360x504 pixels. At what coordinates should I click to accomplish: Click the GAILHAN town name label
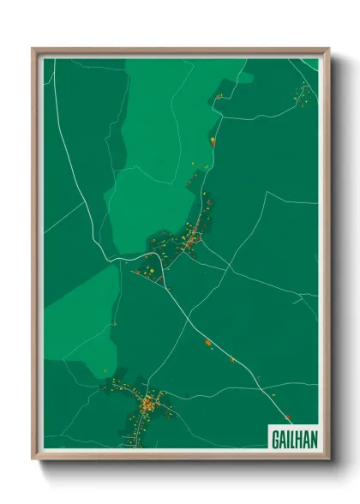coord(294,436)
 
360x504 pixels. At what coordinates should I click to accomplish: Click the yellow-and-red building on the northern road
coord(213,139)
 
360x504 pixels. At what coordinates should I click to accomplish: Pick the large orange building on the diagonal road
coord(208,342)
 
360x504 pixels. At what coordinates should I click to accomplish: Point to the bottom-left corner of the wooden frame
coord(33,458)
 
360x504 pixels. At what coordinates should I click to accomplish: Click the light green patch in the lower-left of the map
coord(81,300)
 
